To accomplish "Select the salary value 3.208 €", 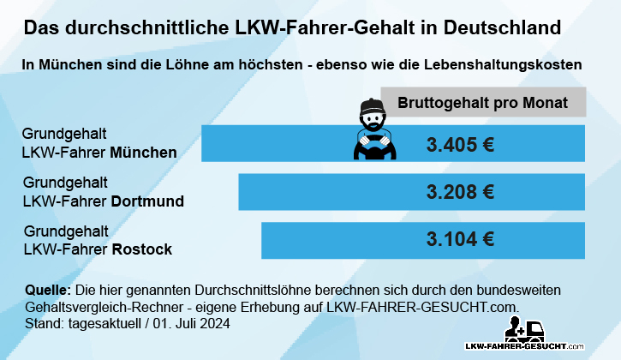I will (460, 192).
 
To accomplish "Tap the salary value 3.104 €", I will (460, 239).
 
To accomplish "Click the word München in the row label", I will (144, 153).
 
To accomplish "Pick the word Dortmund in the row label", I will (148, 201).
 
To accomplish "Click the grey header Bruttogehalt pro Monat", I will (483, 102).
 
